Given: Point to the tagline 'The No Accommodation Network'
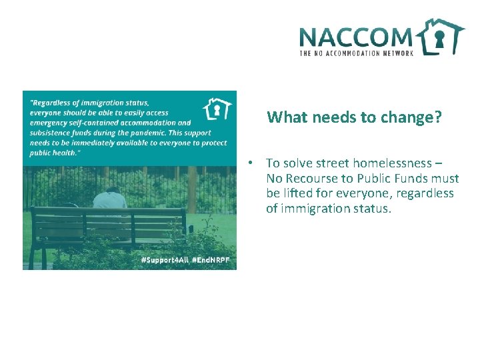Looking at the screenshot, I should [357, 53].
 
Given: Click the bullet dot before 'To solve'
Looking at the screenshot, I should [247, 163].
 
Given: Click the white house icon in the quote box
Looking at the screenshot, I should [217, 109].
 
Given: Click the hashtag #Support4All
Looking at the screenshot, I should [163, 261].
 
